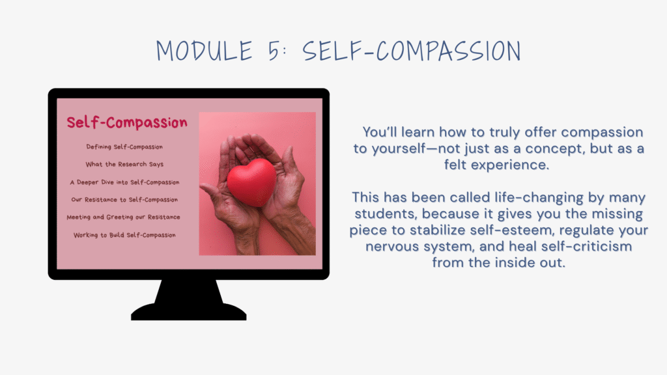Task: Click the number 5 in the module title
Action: [x=274, y=51]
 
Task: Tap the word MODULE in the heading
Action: [x=204, y=51]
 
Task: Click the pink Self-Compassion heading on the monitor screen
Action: [x=127, y=122]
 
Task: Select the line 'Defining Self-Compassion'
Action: [x=124, y=147]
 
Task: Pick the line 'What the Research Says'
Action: [x=124, y=165]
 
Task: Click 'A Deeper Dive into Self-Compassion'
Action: [x=124, y=182]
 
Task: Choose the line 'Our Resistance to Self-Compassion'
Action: [x=124, y=200]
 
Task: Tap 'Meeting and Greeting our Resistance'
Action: [x=123, y=217]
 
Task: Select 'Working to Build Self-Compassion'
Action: [x=124, y=235]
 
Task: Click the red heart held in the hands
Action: [x=251, y=182]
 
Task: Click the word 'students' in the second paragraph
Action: [x=386, y=214]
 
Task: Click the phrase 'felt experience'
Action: [x=496, y=165]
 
